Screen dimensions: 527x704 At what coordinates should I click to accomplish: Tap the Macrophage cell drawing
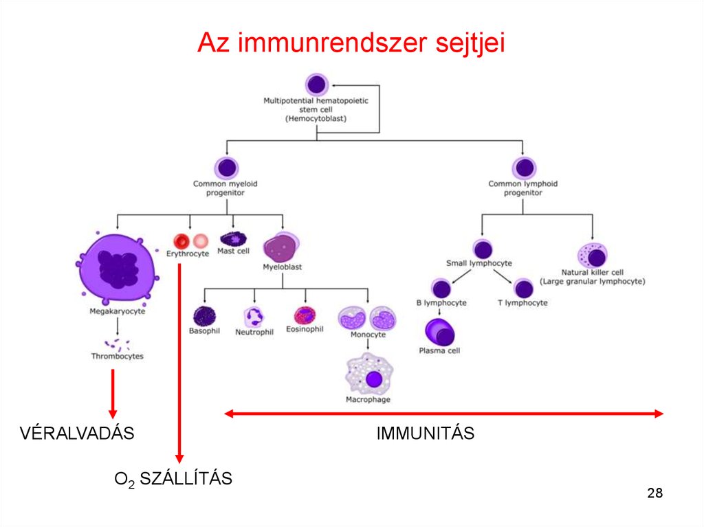tap(372, 375)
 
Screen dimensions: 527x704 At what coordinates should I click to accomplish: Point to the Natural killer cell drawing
tap(593, 257)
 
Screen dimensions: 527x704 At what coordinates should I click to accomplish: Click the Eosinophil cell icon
tap(305, 315)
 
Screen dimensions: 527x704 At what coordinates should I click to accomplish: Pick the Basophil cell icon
tap(203, 315)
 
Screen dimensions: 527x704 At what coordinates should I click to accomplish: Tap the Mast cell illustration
tap(233, 239)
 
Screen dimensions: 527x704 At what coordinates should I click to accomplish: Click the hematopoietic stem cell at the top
tap(316, 85)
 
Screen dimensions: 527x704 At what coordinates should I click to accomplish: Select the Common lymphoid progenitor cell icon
tap(523, 168)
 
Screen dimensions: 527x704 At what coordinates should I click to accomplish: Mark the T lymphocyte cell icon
tap(523, 289)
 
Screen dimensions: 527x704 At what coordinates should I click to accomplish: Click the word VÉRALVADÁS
tap(76, 434)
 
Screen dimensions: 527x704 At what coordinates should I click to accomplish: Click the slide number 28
tap(654, 493)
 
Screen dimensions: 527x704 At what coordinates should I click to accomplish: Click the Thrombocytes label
tap(117, 357)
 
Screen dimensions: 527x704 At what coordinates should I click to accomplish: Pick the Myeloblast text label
tap(282, 267)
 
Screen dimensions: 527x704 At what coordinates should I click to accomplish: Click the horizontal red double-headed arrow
tap(443, 414)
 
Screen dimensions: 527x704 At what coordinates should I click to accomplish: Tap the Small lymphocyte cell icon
tap(483, 249)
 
